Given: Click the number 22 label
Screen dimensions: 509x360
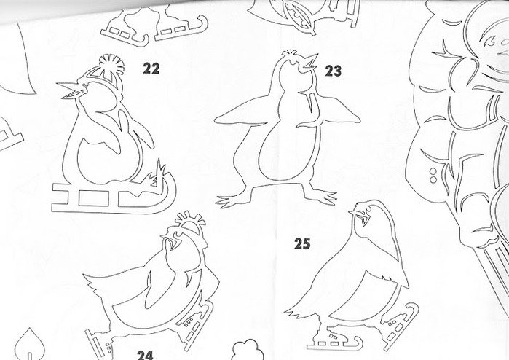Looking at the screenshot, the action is click(x=151, y=69).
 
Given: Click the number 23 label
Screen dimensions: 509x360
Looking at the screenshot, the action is click(x=334, y=71).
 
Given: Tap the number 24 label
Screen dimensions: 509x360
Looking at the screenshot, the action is click(x=145, y=355).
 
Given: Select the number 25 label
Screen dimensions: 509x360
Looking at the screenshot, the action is click(x=302, y=243).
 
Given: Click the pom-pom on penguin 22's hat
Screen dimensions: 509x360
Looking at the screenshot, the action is click(x=111, y=64).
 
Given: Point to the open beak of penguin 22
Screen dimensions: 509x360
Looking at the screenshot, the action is click(x=71, y=90).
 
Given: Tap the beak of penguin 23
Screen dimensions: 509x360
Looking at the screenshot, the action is click(x=309, y=62).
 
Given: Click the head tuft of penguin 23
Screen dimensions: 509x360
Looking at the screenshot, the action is click(x=290, y=52).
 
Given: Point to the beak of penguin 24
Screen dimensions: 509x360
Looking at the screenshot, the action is click(x=170, y=243).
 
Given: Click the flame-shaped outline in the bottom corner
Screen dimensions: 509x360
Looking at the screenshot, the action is click(x=29, y=345).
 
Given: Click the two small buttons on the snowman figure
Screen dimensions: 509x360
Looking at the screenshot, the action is click(x=433, y=175).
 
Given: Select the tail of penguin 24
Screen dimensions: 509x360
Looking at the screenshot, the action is click(x=98, y=282).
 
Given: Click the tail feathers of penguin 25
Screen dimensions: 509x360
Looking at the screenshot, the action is click(x=296, y=313).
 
